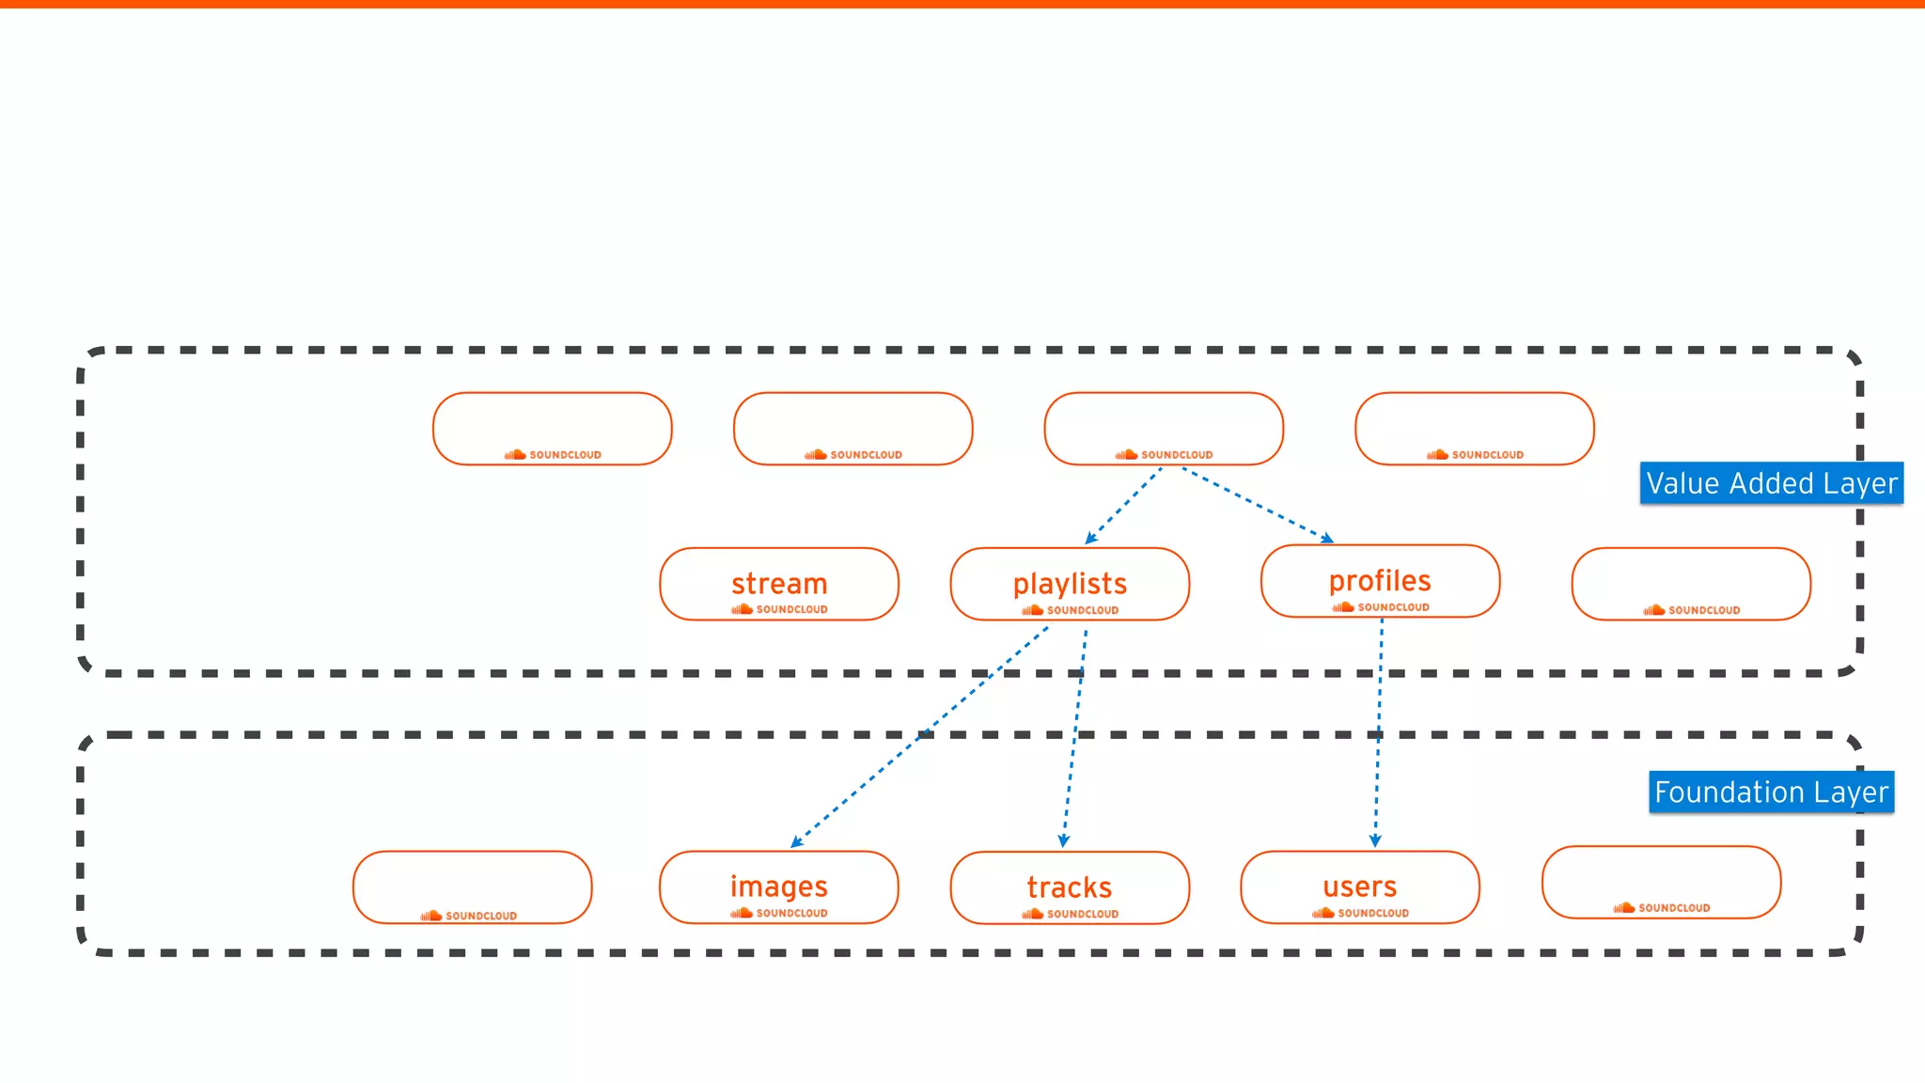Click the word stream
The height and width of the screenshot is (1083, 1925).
(x=779, y=584)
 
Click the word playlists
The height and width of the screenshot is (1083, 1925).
(x=1070, y=584)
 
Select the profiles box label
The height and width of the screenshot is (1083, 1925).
(x=1379, y=581)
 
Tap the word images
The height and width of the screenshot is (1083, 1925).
(x=778, y=887)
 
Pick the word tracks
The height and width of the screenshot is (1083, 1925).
(x=1070, y=887)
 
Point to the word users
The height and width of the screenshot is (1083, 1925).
(x=1359, y=887)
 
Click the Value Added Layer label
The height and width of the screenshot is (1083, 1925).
(x=1771, y=483)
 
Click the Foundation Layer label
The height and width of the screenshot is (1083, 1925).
(x=1771, y=793)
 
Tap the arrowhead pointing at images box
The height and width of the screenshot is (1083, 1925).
(x=796, y=842)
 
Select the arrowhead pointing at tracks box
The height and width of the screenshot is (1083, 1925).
(x=1064, y=841)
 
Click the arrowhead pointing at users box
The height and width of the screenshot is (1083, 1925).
(x=1375, y=841)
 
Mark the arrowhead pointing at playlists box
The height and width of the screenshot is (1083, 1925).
(x=1090, y=539)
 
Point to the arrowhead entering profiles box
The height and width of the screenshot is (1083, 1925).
(x=1327, y=539)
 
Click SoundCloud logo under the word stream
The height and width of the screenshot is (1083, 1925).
(x=779, y=609)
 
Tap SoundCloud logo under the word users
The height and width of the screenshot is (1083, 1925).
(x=1360, y=913)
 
